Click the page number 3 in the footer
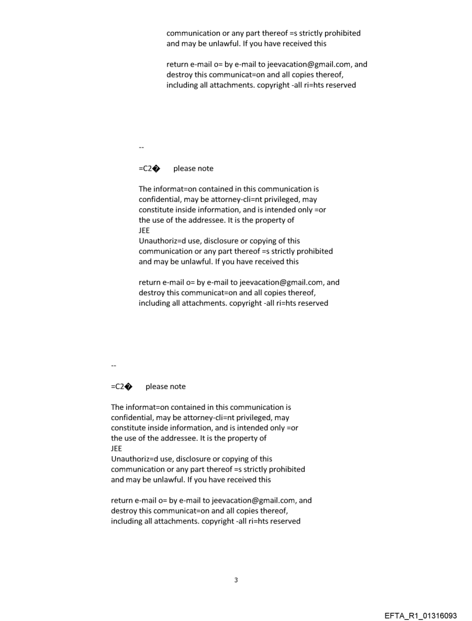coord(236,580)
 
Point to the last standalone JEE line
coord(117,448)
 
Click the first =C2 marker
coord(146,168)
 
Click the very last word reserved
coord(284,521)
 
